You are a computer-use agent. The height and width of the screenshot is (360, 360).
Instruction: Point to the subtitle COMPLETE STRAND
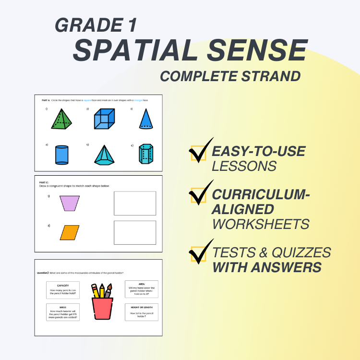[230, 76]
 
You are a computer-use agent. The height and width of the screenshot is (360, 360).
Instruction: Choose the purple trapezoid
[70, 203]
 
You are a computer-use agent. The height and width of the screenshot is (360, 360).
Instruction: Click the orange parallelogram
[70, 232]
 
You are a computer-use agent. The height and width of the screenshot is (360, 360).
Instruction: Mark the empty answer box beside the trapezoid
[135, 203]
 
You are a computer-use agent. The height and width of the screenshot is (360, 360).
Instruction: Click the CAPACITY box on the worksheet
[63, 291]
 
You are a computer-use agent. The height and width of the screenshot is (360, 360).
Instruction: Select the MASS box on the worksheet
[63, 312]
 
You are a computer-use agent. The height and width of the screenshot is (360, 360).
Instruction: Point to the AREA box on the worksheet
[141, 289]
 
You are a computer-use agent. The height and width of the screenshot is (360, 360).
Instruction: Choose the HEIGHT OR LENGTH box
[141, 312]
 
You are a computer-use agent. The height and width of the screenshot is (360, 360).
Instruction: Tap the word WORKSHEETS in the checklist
[261, 224]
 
